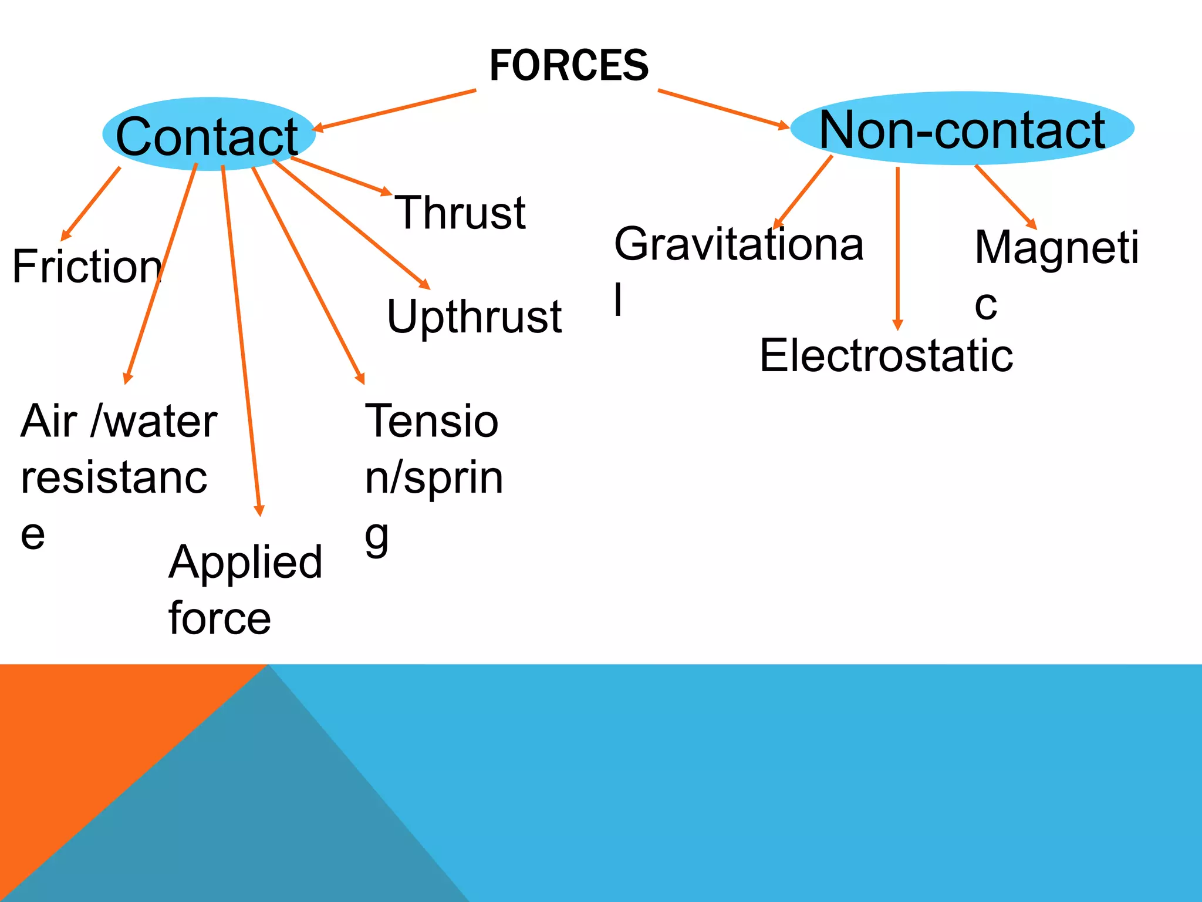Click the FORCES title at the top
pos(569,65)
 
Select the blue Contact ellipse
pos(208,134)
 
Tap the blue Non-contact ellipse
pos(961,129)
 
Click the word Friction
pos(86,267)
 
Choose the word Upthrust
pos(474,317)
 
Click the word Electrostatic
pos(886,356)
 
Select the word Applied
pos(245,563)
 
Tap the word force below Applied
pos(220,618)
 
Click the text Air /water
pos(119,421)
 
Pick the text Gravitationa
pos(738,244)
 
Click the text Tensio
pos(431,421)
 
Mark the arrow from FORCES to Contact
pos(394,110)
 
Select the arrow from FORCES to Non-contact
pos(723,109)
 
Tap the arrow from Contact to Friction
pos(91,203)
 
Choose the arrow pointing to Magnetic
pos(1005,197)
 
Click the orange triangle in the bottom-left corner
pos(88,740)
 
